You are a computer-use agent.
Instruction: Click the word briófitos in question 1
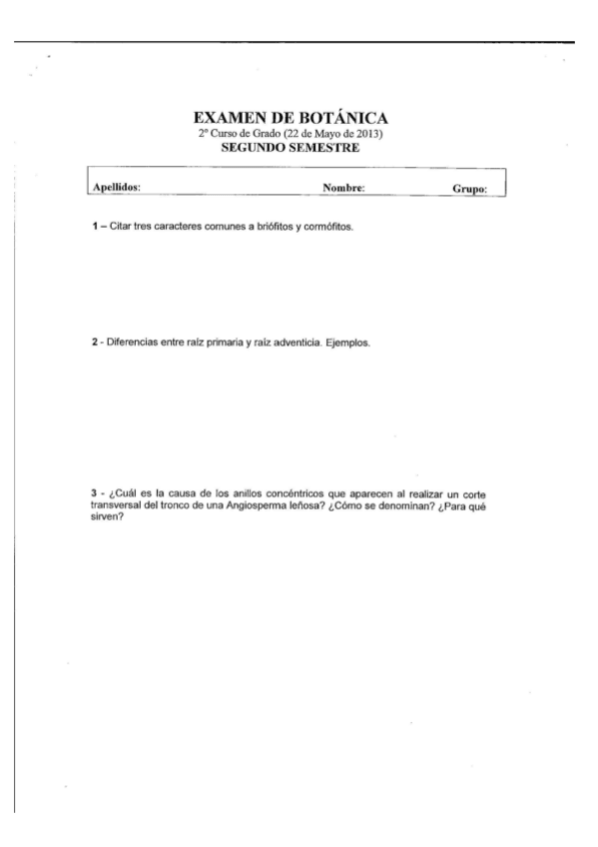coord(268,227)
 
